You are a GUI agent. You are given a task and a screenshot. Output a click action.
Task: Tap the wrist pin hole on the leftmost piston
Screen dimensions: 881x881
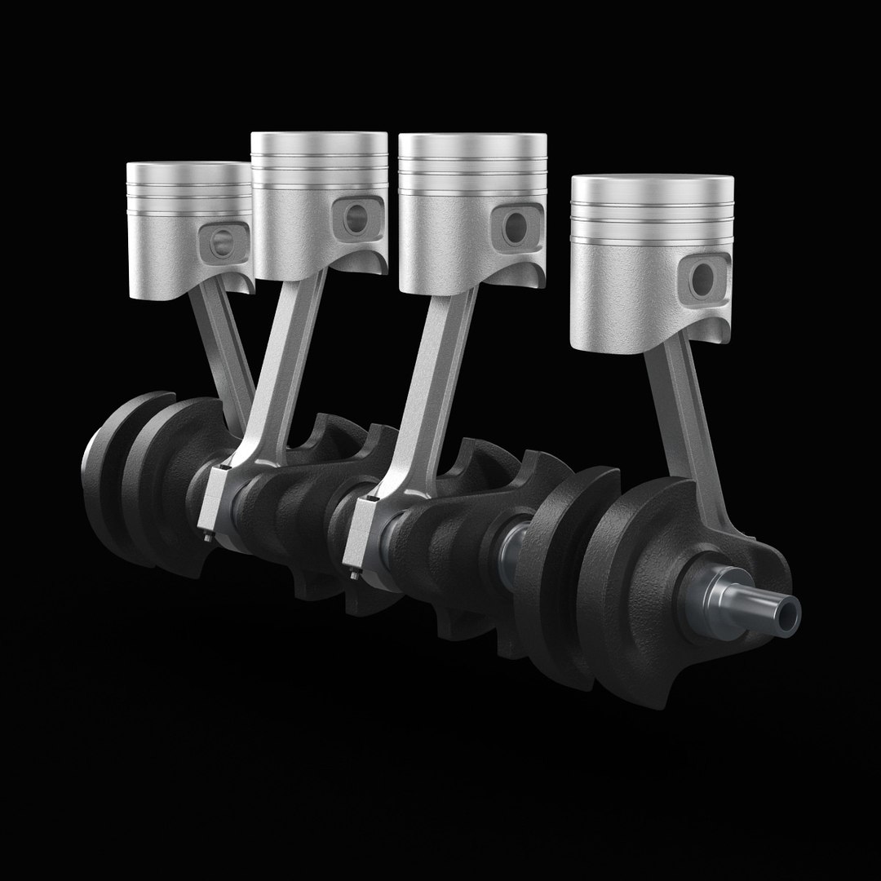(x=221, y=242)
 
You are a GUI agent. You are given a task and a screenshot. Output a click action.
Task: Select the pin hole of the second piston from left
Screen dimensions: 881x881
(x=357, y=216)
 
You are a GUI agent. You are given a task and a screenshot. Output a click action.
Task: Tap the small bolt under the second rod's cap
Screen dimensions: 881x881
(x=207, y=538)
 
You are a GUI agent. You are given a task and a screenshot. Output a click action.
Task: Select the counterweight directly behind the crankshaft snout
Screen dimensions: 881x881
(x=644, y=587)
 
